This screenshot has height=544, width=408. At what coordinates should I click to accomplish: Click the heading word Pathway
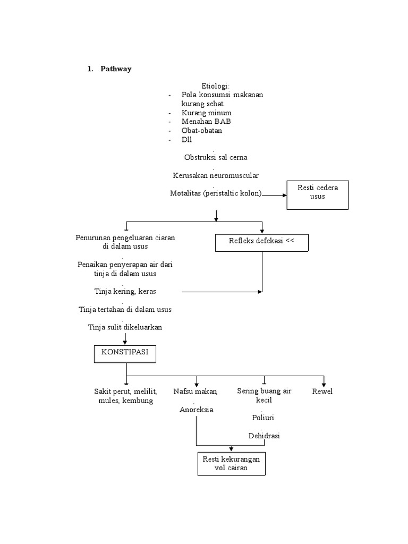tap(116, 70)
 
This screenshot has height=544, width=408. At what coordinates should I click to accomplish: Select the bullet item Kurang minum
tap(206, 113)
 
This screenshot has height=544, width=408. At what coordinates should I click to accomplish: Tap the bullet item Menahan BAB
tap(206, 122)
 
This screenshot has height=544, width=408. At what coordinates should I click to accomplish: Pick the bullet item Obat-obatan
tap(201, 130)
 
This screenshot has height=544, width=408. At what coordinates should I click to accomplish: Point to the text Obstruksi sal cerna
tap(215, 157)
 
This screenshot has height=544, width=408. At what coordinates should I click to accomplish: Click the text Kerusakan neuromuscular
tap(216, 175)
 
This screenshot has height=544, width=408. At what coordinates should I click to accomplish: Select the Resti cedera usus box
tap(317, 194)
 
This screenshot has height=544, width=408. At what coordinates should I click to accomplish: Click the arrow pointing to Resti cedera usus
tap(274, 195)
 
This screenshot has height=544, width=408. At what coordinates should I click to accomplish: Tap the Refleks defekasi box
tap(261, 242)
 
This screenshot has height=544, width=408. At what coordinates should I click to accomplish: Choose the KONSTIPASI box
tap(125, 354)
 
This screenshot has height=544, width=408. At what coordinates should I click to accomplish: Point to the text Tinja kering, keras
tap(125, 291)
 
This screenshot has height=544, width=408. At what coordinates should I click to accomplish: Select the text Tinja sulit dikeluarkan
tap(125, 327)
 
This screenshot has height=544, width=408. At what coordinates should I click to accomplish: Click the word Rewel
tap(322, 392)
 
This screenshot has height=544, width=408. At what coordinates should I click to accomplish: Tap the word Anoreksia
tap(196, 410)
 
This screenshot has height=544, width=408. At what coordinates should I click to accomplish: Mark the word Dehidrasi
tap(264, 436)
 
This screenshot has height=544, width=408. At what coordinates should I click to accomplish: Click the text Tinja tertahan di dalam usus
tap(125, 309)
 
